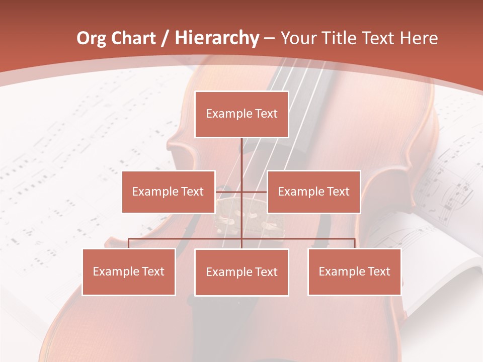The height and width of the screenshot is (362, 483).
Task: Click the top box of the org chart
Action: click(x=242, y=114)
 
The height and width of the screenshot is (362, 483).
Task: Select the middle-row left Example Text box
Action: click(x=168, y=192)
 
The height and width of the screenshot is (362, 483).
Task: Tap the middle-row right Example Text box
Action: click(x=313, y=192)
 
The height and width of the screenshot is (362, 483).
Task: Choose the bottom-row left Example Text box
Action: click(x=129, y=271)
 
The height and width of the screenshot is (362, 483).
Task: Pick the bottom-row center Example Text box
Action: click(x=242, y=272)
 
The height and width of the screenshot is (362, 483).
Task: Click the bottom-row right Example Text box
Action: click(x=354, y=271)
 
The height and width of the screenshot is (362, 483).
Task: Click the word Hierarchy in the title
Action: click(x=217, y=38)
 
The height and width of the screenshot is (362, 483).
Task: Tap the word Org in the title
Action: click(x=92, y=38)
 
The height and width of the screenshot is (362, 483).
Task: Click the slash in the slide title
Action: click(x=166, y=39)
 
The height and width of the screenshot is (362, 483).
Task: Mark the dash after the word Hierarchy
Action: click(x=269, y=39)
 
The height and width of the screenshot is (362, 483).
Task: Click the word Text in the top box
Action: click(x=266, y=114)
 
